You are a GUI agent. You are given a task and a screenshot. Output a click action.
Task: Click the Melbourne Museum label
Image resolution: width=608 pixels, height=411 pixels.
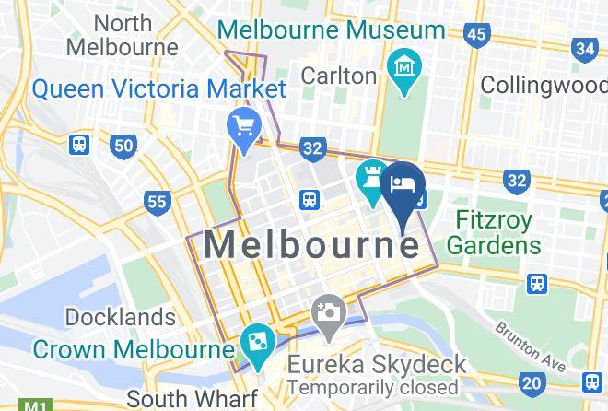tap(331, 29)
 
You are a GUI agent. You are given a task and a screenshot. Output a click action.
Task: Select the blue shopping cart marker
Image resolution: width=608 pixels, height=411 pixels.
tap(244, 128)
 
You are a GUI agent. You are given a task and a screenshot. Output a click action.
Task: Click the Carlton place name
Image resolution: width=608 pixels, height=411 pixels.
tap(339, 75)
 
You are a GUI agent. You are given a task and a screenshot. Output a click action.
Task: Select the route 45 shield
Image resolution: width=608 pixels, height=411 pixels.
tap(476, 35)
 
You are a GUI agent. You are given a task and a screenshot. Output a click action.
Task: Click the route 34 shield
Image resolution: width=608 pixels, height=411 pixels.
tap(584, 48)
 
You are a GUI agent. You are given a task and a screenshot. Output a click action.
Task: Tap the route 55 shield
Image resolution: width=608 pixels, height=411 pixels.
tap(158, 201)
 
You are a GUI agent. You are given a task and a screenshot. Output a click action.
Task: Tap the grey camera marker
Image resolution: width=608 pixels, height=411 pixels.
tap(327, 313)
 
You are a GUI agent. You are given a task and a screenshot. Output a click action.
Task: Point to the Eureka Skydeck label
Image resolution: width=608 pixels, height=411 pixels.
tap(376, 364)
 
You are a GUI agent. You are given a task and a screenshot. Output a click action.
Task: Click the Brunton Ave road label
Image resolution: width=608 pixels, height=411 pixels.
tap(529, 341)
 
